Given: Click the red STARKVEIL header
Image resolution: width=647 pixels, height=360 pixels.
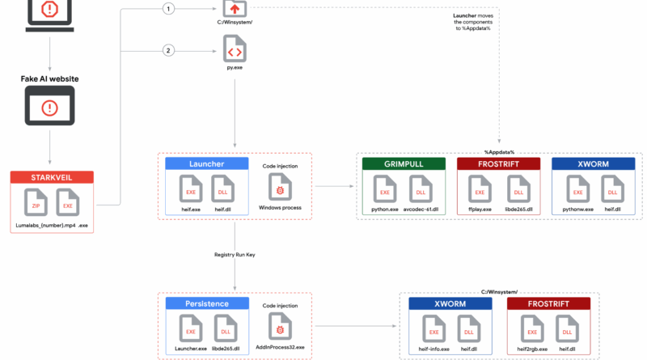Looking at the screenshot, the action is pyautogui.click(x=52, y=177).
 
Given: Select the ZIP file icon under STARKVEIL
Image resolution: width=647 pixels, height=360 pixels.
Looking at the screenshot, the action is pyautogui.click(x=36, y=202).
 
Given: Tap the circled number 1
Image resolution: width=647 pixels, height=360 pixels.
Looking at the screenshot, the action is pyautogui.click(x=168, y=9).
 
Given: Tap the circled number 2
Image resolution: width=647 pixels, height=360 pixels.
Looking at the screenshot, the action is pyautogui.click(x=168, y=51).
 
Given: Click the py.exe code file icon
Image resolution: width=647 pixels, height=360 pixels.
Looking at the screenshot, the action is pyautogui.click(x=235, y=49).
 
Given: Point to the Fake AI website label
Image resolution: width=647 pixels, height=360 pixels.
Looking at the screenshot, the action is pyautogui.click(x=49, y=78).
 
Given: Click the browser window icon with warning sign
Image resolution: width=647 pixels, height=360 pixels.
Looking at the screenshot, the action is pyautogui.click(x=49, y=106).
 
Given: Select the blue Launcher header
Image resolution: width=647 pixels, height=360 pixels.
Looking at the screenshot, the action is pyautogui.click(x=207, y=164).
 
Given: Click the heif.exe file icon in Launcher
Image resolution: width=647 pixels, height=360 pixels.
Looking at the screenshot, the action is pyautogui.click(x=191, y=189).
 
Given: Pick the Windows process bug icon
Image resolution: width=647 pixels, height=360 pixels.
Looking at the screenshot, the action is pyautogui.click(x=280, y=187).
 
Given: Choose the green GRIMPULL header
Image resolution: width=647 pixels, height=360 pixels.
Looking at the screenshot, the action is pyautogui.click(x=404, y=164).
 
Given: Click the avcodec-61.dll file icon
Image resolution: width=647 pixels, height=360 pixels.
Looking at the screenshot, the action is pyautogui.click(x=421, y=189).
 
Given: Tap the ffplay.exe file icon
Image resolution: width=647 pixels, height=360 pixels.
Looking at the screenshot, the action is pyautogui.click(x=480, y=189).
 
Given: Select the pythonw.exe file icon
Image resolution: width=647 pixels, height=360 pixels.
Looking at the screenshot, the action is pyautogui.click(x=577, y=189).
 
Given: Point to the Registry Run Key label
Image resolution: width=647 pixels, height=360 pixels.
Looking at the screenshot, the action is pyautogui.click(x=235, y=255).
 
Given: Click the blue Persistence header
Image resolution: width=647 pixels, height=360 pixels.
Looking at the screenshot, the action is pyautogui.click(x=207, y=304).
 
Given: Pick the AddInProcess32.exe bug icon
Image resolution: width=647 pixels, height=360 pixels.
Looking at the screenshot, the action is pyautogui.click(x=280, y=327).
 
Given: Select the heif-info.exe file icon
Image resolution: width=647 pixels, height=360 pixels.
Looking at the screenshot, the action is pyautogui.click(x=433, y=328).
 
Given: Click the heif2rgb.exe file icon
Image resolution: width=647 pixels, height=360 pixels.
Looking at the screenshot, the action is pyautogui.click(x=532, y=328).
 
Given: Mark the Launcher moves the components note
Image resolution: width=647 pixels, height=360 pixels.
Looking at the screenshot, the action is pyautogui.click(x=473, y=22).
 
